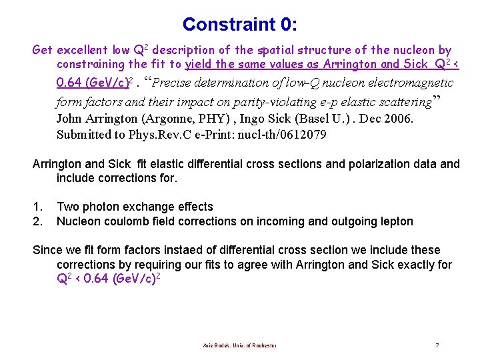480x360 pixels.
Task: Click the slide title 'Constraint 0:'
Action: pos(240,25)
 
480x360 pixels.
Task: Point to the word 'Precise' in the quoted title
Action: pos(175,83)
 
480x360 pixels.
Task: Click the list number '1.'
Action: pos(37,207)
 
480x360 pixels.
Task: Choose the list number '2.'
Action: pos(37,221)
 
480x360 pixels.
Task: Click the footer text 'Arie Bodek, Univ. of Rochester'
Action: pos(240,345)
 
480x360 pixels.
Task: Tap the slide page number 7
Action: pos(437,345)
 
